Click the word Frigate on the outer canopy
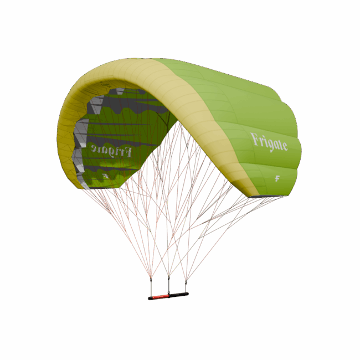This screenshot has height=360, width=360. (x=269, y=142)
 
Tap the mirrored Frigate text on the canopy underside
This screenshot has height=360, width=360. (x=111, y=150)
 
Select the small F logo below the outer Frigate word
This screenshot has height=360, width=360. (x=277, y=178)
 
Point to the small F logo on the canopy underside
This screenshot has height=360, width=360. (x=106, y=177)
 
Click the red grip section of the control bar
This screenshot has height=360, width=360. (x=160, y=297)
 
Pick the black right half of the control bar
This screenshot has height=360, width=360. (x=178, y=295)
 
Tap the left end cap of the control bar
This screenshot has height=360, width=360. (x=150, y=298)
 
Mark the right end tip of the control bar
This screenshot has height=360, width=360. (x=188, y=294)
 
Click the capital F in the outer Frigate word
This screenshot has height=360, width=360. (x=255, y=138)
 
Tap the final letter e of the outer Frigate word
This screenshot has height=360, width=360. (x=285, y=147)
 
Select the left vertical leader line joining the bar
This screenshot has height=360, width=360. (x=151, y=287)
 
